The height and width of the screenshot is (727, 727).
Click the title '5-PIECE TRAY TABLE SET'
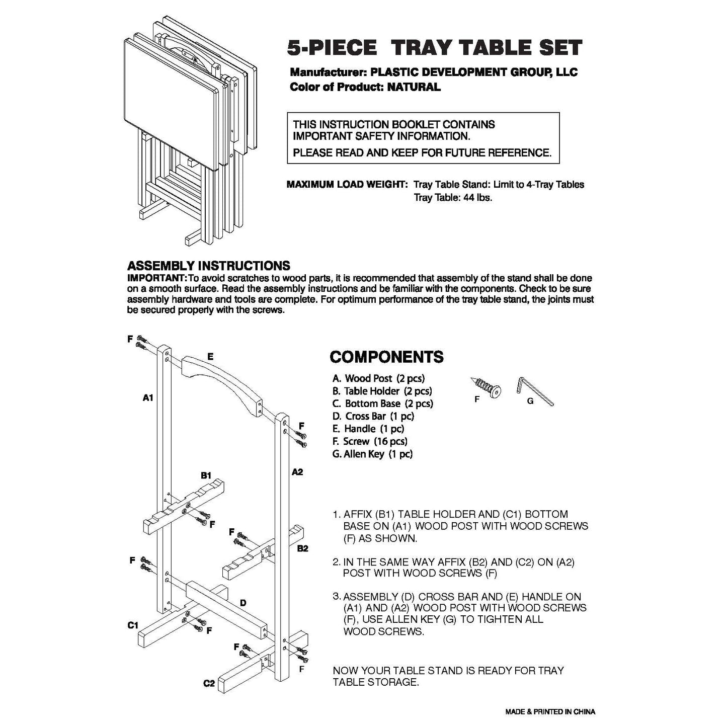[434, 48]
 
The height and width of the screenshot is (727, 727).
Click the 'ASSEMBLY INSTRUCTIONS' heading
[208, 266]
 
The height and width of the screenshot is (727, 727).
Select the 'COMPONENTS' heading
[386, 357]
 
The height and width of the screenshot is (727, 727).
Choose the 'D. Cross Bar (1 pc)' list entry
[373, 416]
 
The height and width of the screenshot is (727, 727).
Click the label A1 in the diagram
[147, 398]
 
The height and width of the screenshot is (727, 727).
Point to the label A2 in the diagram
[298, 472]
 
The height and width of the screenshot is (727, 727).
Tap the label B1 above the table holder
[206, 475]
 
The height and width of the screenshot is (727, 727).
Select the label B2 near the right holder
[302, 548]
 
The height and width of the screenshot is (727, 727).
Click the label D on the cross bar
[243, 603]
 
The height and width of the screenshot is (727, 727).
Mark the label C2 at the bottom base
[209, 683]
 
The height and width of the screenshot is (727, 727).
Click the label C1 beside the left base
[133, 625]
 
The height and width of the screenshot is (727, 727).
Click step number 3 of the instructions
[337, 596]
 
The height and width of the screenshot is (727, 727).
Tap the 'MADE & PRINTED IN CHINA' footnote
[550, 711]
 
